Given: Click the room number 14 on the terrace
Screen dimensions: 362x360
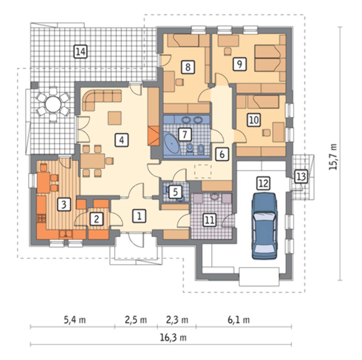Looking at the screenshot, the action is tap(80, 51).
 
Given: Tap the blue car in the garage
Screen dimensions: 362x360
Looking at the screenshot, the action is tap(264, 226).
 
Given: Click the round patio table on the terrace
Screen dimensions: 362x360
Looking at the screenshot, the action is tap(53, 104).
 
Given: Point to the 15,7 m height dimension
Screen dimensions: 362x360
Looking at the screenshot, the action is tap(333, 157).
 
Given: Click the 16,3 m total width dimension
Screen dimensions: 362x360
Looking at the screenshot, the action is tap(173, 338).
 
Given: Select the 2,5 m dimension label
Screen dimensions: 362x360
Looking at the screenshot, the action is tap(136, 320).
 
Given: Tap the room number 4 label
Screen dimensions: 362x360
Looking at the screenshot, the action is tap(122, 140).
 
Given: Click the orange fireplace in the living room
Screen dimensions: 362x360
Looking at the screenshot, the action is tap(153, 136).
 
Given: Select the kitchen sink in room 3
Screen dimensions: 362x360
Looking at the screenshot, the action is tap(66, 234).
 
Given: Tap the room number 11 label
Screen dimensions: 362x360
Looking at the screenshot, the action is tap(209, 219).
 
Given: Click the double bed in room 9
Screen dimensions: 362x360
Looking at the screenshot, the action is tap(268, 58).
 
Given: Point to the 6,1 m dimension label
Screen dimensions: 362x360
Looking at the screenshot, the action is tap(239, 320).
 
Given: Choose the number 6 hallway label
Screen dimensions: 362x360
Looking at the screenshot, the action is tap(222, 154).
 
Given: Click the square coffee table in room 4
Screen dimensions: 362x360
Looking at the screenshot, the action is tap(115, 118).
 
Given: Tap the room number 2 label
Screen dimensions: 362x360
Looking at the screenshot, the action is tap(96, 219).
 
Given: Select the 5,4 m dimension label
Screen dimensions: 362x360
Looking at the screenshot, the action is tap(74, 320).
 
